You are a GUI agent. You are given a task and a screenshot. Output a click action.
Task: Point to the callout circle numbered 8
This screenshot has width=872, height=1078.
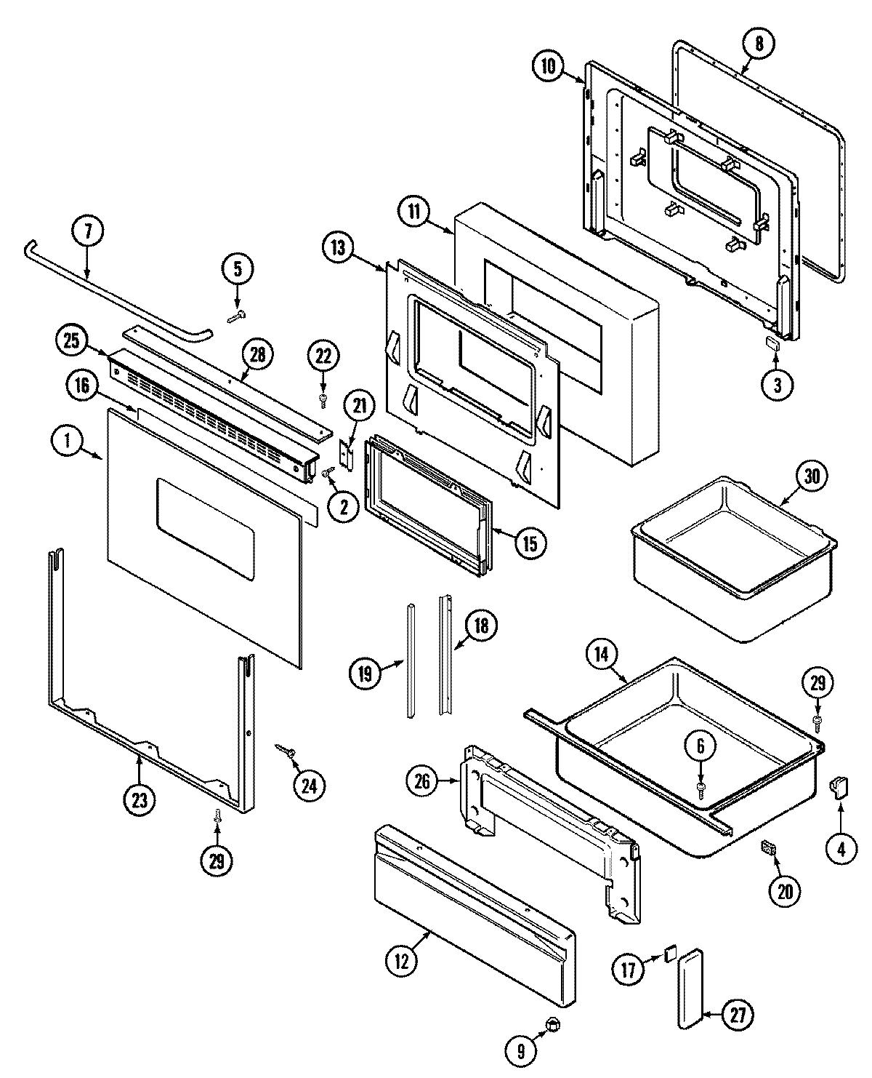759,44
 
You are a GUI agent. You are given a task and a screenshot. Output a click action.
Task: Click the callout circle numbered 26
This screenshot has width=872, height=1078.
424,782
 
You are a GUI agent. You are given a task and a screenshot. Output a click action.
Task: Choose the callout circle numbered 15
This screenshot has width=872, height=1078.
530,542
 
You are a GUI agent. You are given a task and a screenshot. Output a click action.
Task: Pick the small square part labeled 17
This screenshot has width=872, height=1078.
669,954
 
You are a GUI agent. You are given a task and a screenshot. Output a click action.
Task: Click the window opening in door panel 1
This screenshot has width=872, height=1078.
205,535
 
